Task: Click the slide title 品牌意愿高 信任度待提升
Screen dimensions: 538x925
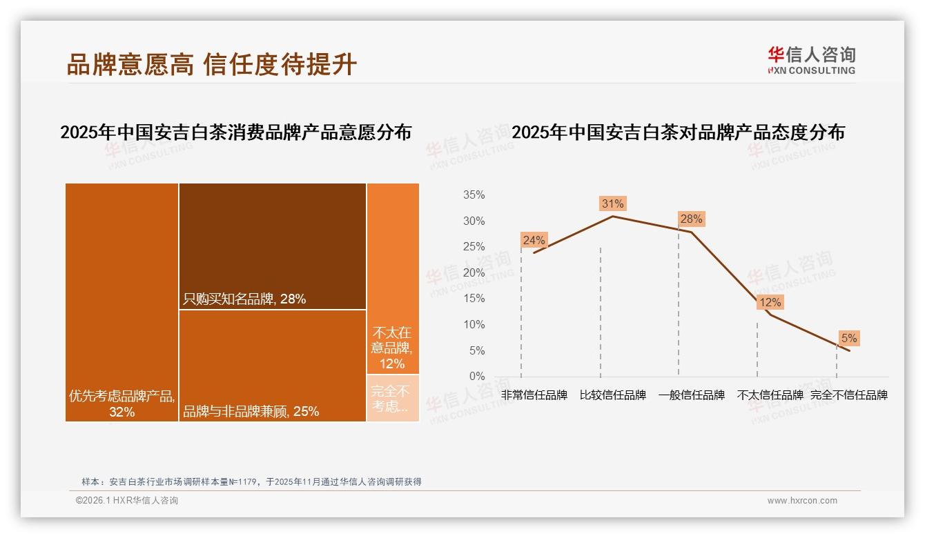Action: coord(211,64)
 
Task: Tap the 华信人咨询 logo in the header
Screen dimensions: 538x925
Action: coord(811,60)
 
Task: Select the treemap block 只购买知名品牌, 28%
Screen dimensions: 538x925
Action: coord(272,246)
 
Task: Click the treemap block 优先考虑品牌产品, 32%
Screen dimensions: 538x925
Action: coord(122,302)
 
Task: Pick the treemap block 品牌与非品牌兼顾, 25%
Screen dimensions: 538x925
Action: coord(272,366)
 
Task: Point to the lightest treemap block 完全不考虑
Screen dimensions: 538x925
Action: coord(392,398)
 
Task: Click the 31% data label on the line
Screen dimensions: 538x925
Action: coord(612,203)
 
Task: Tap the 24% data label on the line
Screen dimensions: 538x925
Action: coord(534,240)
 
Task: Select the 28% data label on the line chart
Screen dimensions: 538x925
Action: coord(691,219)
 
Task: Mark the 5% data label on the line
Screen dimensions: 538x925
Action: coord(848,338)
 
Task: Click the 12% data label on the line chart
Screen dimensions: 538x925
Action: coord(770,302)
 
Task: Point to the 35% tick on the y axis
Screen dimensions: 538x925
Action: coord(474,195)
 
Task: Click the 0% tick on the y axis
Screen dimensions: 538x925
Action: coord(476,377)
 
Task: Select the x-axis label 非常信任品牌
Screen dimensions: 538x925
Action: coord(534,395)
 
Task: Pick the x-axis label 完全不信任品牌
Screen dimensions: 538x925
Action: coord(848,395)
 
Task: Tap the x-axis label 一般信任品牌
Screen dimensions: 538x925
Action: coord(691,395)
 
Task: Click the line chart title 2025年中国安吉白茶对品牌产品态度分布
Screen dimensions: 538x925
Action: coord(678,132)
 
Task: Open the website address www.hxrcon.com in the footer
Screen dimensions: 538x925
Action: coord(802,501)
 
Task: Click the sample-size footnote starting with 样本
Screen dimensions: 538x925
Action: coord(251,482)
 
